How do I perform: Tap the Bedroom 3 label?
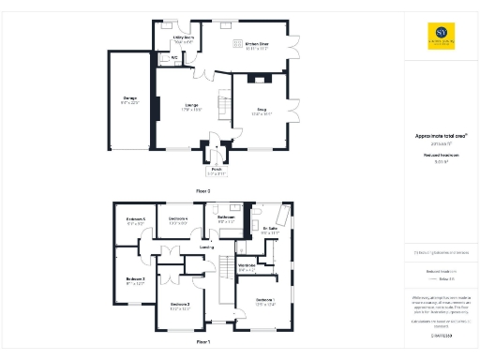point(134,279)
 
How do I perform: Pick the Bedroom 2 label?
point(180,306)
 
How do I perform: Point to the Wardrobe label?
point(247,266)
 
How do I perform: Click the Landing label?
point(206,247)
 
